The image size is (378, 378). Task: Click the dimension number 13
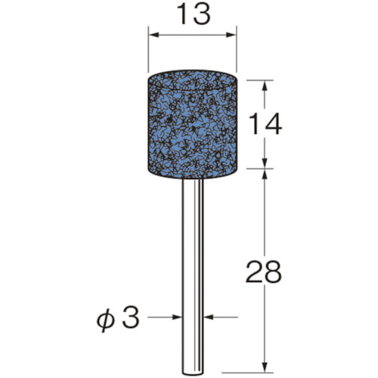[x=194, y=14]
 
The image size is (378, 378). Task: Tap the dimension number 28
[x=263, y=271]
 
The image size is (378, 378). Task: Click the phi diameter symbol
[x=106, y=320]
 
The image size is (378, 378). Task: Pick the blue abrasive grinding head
[x=192, y=125]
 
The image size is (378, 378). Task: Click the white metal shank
[x=192, y=277]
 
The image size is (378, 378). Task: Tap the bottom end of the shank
[x=192, y=374]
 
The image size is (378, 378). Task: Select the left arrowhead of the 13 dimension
[x=154, y=35]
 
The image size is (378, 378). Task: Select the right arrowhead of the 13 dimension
[x=231, y=35]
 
